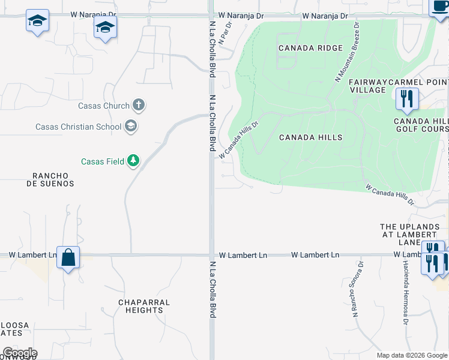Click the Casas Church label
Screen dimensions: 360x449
coord(104,106)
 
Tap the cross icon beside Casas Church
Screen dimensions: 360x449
coord(139,106)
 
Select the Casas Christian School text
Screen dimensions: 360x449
coord(78,127)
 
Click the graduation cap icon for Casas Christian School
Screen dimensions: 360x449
coord(131,127)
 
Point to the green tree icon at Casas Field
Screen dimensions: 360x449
coord(133,161)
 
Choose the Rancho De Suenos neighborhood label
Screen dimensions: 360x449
coord(53,179)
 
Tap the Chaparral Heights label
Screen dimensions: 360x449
coord(144,306)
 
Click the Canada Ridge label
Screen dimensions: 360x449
coord(310,48)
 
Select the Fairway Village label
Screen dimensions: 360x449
coord(367,85)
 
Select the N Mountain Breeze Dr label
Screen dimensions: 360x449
coord(347,52)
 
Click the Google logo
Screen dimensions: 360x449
coord(20,353)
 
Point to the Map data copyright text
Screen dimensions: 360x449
coord(411,355)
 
